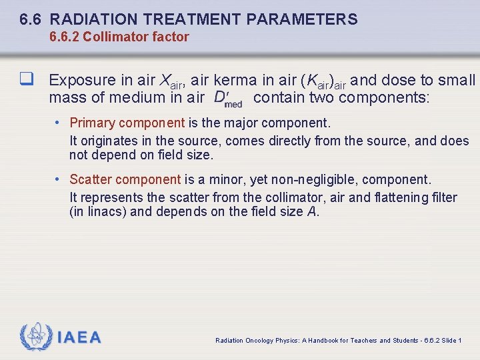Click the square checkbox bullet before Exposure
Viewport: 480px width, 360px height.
pos(27,80)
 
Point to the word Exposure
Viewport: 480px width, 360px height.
pos(83,81)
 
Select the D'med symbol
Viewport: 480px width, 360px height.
pos(228,99)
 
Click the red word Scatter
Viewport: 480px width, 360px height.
pos(91,179)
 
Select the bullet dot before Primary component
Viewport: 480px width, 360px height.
pos(59,123)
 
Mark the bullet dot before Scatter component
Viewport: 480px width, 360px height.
pos(59,179)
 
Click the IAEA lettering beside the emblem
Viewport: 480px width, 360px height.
pos(79,337)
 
